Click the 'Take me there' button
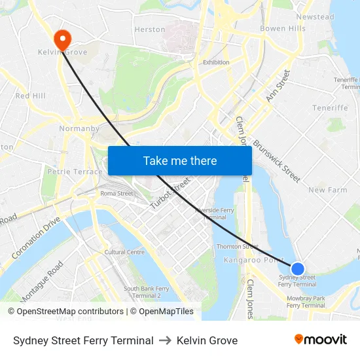coord(179,160)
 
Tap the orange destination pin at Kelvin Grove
coord(63,39)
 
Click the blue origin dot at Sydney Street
coord(297,268)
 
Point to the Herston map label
coord(150,29)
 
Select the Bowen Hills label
coord(283,29)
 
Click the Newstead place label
coord(315,17)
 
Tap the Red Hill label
coord(30,96)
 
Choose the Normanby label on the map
coord(79,128)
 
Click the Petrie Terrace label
coord(75,171)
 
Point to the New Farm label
coord(327,190)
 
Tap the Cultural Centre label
coord(124,252)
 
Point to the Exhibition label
coord(216,62)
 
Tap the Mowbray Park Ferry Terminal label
coord(306,302)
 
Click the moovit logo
coord(321,340)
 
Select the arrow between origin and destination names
coord(165,340)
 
